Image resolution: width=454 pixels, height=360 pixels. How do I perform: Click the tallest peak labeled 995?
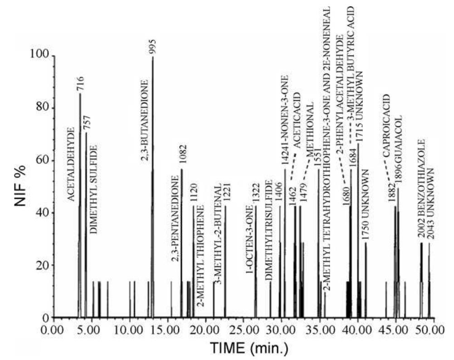pyautogui.click(x=152, y=182)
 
